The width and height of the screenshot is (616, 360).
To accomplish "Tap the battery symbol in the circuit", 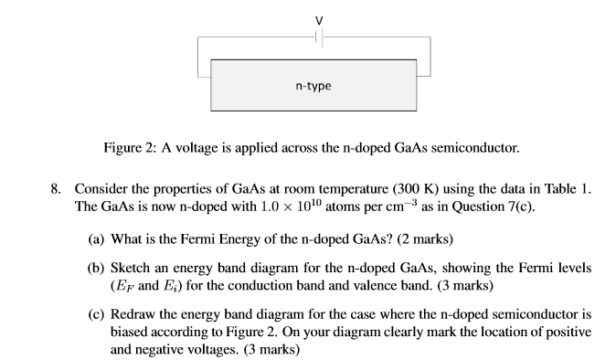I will (318, 37).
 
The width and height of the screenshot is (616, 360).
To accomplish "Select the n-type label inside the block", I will (313, 86).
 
